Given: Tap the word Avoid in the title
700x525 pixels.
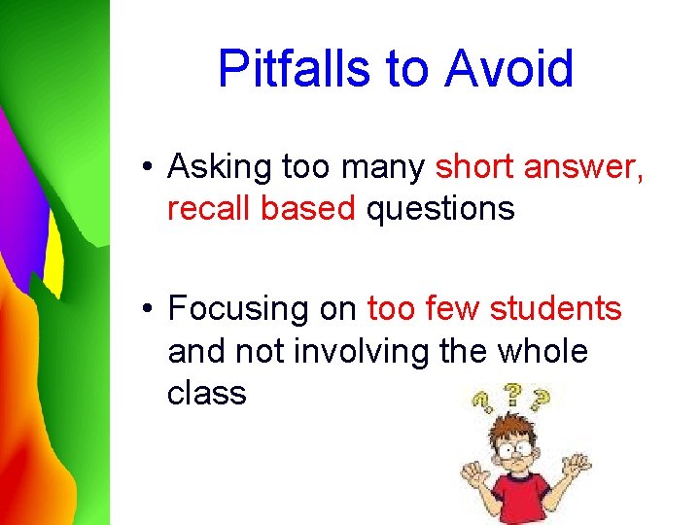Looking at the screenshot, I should point(509,69).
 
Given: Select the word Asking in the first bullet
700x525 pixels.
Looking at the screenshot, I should point(220,168).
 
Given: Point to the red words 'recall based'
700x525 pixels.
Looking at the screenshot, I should point(262,208).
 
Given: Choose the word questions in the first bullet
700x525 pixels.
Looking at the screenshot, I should point(439,208).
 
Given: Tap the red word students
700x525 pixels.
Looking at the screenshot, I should point(555,309).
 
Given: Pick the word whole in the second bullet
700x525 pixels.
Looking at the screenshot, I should point(542,351).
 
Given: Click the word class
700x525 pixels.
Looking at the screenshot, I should point(206,393).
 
